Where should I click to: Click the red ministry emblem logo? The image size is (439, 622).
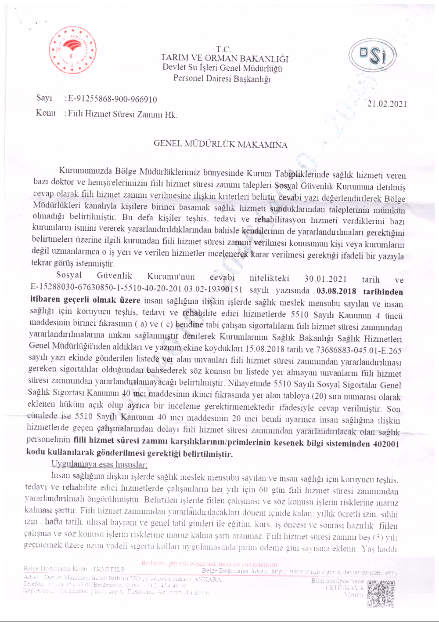click(x=73, y=50)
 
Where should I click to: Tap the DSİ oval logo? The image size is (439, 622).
click(x=372, y=55)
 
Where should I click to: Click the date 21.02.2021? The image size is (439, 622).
click(x=387, y=104)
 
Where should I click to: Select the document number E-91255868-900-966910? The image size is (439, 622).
click(x=112, y=99)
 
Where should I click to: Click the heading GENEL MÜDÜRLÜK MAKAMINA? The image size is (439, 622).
click(x=220, y=145)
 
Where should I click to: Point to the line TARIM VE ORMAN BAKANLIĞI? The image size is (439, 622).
click(x=224, y=58)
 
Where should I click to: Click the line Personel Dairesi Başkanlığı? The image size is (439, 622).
click(x=222, y=79)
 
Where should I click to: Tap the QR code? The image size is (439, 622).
click(x=381, y=594)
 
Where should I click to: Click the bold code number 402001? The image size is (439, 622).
click(x=386, y=444)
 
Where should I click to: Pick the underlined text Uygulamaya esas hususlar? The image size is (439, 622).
click(x=99, y=465)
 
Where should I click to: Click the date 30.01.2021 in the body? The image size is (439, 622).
click(x=325, y=279)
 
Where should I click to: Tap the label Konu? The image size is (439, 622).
click(x=46, y=113)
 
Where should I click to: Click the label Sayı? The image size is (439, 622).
click(x=44, y=98)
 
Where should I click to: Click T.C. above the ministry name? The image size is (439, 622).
click(x=223, y=49)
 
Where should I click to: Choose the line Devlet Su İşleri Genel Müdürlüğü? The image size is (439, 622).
click(x=222, y=69)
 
